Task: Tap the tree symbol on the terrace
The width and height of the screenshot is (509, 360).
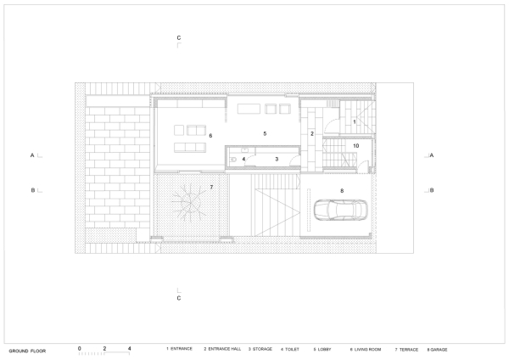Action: [187, 205]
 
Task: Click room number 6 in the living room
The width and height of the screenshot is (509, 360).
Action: [210, 135]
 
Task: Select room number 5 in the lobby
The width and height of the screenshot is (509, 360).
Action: [265, 134]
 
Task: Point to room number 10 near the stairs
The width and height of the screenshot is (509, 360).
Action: [356, 146]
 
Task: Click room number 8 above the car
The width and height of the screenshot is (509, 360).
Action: [341, 191]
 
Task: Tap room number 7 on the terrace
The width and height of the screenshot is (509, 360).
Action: [212, 186]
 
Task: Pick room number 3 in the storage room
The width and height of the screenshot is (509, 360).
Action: [277, 159]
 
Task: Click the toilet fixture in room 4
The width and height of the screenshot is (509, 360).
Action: [232, 157]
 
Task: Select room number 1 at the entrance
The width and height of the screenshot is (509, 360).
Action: [355, 123]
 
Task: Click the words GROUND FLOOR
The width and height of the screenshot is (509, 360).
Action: [27, 350]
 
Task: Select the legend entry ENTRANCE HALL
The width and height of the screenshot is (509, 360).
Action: [222, 349]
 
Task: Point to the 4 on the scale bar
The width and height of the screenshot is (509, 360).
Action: [129, 348]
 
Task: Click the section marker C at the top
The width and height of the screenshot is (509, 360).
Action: [178, 38]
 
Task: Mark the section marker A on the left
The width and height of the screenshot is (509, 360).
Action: [31, 156]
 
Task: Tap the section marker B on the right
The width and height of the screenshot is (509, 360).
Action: [432, 190]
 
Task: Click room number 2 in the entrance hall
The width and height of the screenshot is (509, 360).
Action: [311, 134]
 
